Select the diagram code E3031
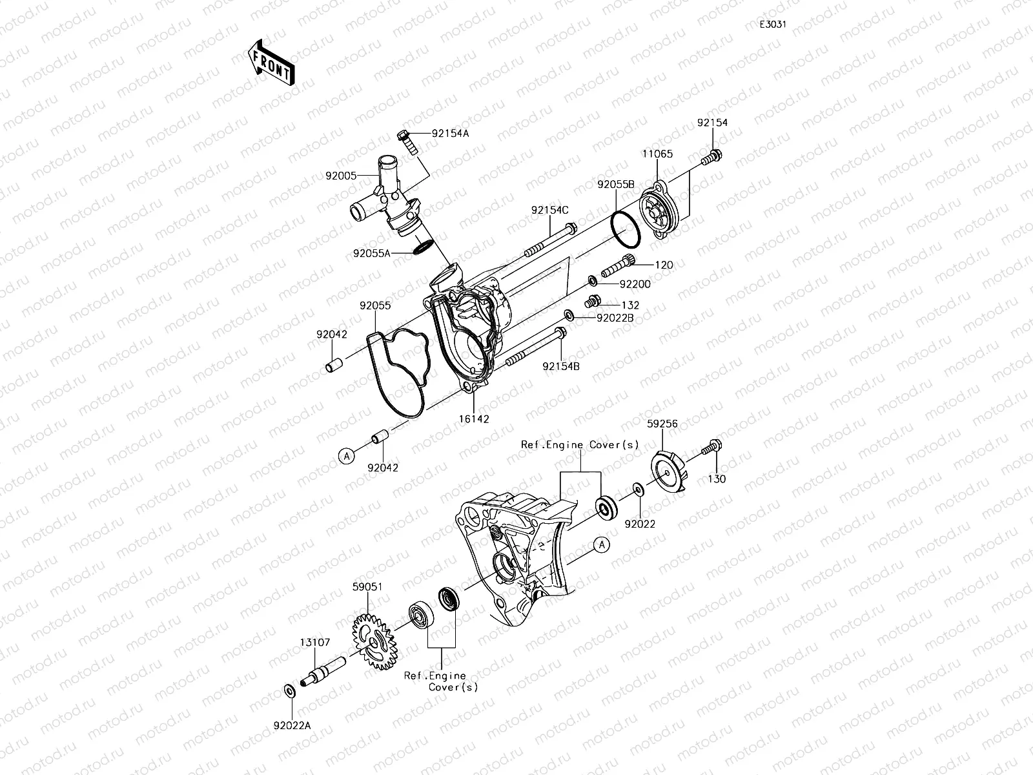coord(772,25)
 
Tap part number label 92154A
coord(451,134)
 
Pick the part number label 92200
coord(635,284)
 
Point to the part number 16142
coord(474,418)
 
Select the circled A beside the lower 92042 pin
coord(347,456)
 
